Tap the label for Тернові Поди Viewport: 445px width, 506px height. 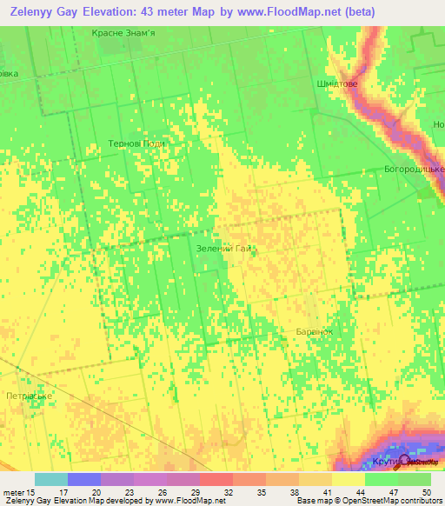pyautogui.click(x=136, y=143)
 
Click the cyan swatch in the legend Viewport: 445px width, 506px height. pyautogui.click(x=51, y=479)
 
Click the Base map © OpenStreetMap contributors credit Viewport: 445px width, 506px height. pyautogui.click(x=366, y=501)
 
